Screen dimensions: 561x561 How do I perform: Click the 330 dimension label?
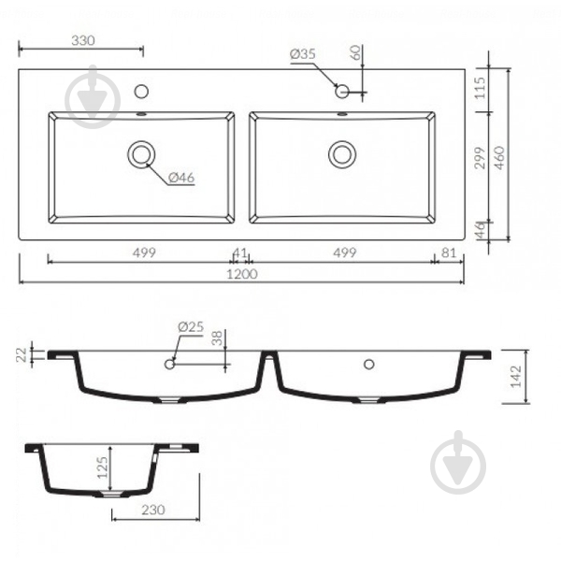pyautogui.click(x=83, y=40)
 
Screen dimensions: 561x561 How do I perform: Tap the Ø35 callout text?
pyautogui.click(x=303, y=54)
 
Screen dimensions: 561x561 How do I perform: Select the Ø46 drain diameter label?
pyautogui.click(x=181, y=178)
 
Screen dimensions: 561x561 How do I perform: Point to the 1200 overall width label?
pyautogui.click(x=242, y=274)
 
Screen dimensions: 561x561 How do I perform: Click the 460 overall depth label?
pyautogui.click(x=499, y=157)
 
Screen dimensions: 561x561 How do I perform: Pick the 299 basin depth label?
pyautogui.click(x=480, y=157)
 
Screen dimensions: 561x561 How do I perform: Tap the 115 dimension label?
pyautogui.click(x=480, y=88)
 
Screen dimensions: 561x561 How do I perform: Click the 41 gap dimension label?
pyautogui.click(x=239, y=253)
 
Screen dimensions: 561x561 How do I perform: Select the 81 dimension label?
pyautogui.click(x=449, y=253)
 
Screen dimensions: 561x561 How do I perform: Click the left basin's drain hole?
pyautogui.click(x=141, y=154)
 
